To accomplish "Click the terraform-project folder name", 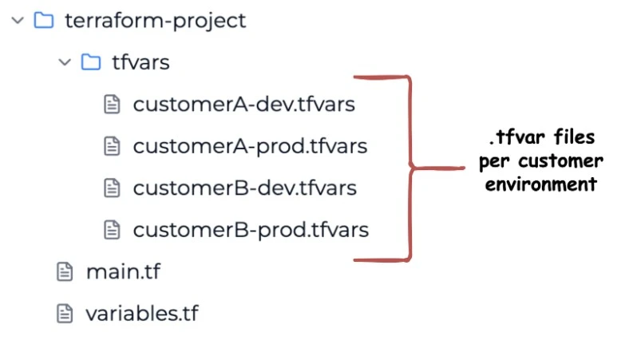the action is (156, 21).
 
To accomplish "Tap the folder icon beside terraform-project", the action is (44, 20).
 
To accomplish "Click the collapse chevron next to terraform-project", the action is (18, 20).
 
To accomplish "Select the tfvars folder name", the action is (140, 62).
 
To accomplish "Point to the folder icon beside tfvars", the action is (91, 61).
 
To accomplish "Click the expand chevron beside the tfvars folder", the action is (65, 61).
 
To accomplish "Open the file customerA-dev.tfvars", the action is (244, 105).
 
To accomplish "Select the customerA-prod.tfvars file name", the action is (250, 147).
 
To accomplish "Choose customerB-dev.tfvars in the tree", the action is (245, 188).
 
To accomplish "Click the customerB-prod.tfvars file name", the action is (251, 231).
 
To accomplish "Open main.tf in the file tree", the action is (123, 272).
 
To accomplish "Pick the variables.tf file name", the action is (142, 314).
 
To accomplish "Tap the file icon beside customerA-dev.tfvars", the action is (112, 105).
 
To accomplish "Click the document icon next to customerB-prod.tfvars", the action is (112, 230).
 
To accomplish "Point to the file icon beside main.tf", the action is (65, 272).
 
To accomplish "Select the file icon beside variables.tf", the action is (65, 314).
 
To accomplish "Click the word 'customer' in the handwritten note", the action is (561, 161).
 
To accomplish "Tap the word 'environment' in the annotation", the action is (541, 184).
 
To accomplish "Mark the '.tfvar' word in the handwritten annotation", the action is (517, 136).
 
